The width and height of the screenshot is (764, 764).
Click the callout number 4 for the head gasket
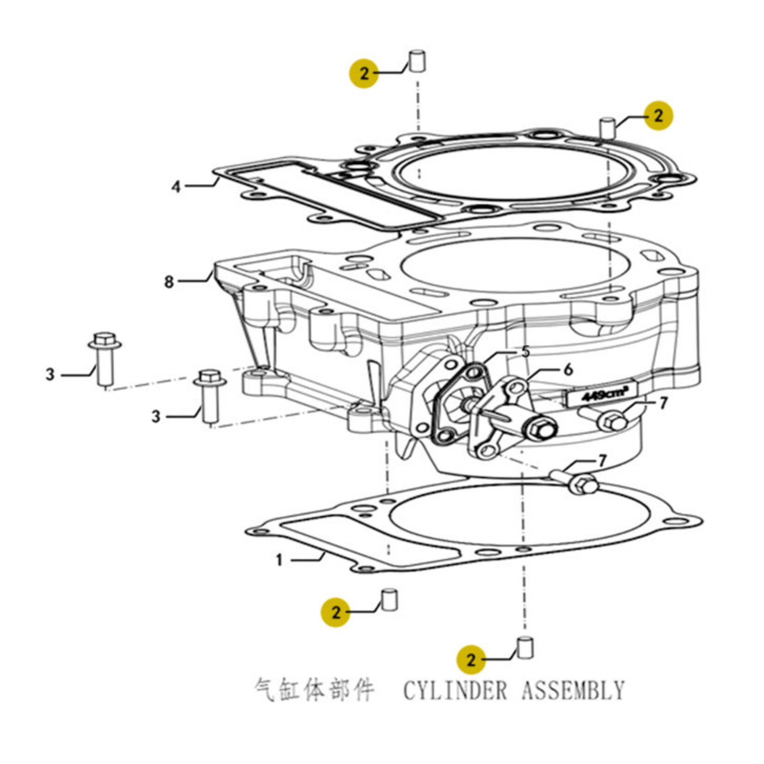[x=176, y=187]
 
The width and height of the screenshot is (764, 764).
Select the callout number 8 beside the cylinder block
[x=169, y=281]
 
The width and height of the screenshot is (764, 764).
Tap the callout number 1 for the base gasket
[x=279, y=561]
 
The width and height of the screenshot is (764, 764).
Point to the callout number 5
[x=525, y=352]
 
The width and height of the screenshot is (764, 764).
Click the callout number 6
[x=568, y=370]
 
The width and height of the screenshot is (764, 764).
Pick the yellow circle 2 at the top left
[x=364, y=73]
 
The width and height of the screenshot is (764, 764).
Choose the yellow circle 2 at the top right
[x=658, y=116]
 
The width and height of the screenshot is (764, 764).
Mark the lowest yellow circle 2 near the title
[x=471, y=659]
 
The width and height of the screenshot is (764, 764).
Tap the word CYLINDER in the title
[x=455, y=690]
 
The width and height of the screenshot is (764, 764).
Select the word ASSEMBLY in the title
[x=573, y=690]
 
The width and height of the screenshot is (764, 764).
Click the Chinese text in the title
[x=314, y=690]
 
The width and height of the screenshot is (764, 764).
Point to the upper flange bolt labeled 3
[x=105, y=358]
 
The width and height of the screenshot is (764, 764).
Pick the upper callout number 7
[x=663, y=403]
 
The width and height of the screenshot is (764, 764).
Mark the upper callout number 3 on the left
[x=50, y=374]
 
